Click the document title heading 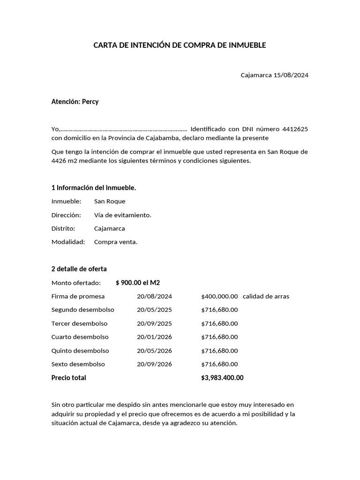click(180, 45)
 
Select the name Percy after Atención click(90, 102)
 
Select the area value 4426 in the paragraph click(59, 160)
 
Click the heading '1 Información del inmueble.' click(94, 188)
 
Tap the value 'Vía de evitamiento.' click(123, 215)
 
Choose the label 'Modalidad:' click(68, 242)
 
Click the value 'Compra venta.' click(116, 242)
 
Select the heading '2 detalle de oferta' click(79, 269)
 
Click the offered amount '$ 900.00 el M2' click(138, 283)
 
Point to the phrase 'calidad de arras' click(266, 296)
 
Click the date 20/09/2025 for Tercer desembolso click(154, 323)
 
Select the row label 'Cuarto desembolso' click(80, 337)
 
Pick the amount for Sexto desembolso click(219, 364)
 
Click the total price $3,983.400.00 click(222, 378)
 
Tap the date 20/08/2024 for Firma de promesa click(154, 296)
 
